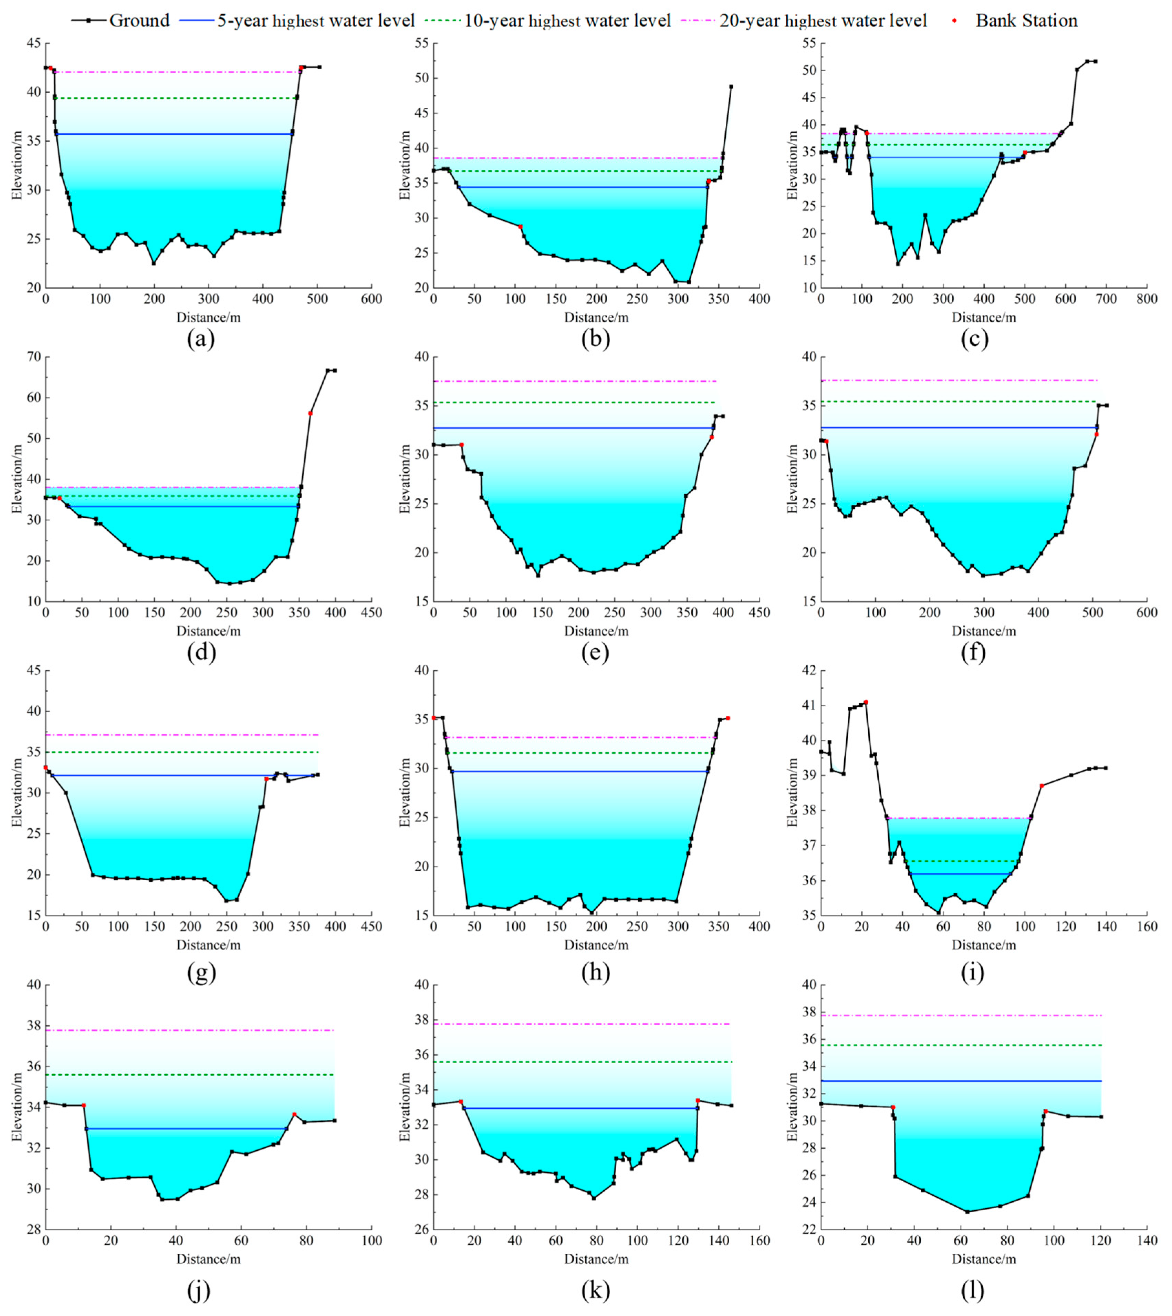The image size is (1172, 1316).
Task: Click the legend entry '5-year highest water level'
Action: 315,21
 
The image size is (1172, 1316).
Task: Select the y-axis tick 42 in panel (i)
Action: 806,671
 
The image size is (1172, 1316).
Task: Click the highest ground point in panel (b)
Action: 731,86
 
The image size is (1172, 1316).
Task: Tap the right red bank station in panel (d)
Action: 310,413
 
